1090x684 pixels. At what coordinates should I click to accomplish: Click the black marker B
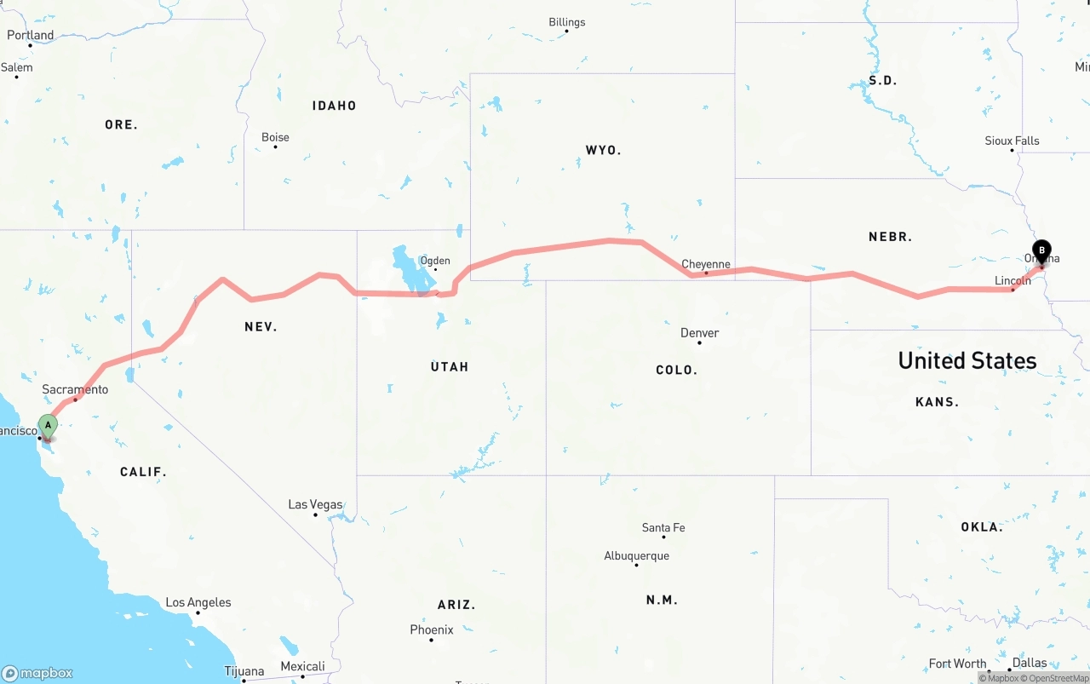(1041, 251)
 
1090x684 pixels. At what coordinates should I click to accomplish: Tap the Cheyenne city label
(706, 264)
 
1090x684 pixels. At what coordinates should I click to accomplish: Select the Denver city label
(700, 333)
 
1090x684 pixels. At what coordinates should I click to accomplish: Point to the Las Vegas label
(315, 504)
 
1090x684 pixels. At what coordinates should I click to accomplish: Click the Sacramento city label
(75, 389)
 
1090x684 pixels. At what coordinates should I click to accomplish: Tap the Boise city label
(275, 137)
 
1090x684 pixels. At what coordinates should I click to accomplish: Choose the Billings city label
(567, 22)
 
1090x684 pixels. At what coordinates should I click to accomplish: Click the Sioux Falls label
(1012, 141)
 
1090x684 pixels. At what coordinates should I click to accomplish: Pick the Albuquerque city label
(636, 555)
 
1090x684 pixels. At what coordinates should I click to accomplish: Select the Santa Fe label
(663, 528)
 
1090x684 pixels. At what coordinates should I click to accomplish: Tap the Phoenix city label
(432, 629)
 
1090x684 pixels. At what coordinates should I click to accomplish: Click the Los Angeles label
(198, 602)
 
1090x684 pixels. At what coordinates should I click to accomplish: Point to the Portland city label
(31, 35)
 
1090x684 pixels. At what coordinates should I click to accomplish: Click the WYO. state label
(603, 150)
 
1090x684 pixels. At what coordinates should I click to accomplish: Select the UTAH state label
(450, 366)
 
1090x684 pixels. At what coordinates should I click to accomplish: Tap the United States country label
(967, 360)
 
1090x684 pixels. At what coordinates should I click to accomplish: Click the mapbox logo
(37, 673)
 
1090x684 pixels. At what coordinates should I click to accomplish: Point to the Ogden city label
(435, 261)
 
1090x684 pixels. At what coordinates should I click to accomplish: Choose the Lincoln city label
(1013, 281)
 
